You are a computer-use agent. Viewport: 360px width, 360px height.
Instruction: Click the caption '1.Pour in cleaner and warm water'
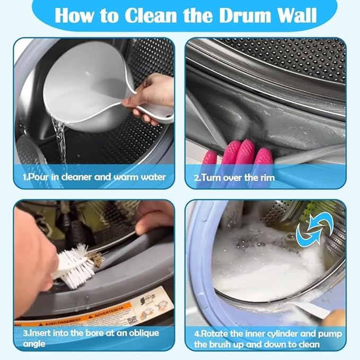coord(94,177)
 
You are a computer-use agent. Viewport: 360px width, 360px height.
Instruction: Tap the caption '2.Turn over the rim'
coord(234,177)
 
